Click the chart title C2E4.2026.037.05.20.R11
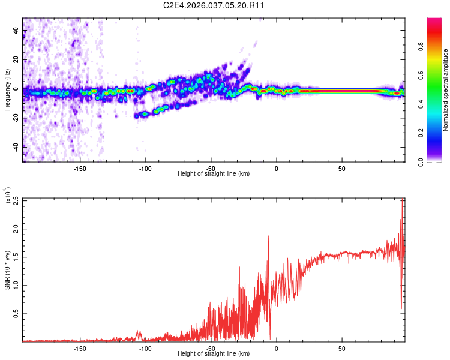click(x=214, y=5)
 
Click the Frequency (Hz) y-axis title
click(x=7, y=89)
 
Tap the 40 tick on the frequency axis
click(x=16, y=31)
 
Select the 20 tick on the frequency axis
click(x=16, y=60)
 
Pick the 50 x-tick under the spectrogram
click(x=341, y=169)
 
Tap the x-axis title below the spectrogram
click(x=214, y=174)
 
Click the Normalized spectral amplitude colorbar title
click(x=446, y=90)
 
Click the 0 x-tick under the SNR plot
click(x=276, y=349)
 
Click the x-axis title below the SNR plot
click(x=214, y=354)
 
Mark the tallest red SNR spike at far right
click(x=402, y=201)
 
